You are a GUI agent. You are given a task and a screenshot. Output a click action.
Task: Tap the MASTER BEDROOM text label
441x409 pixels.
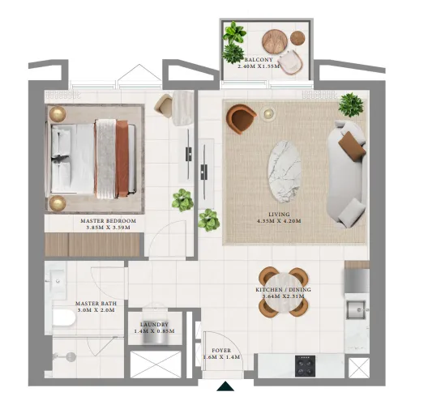point(108,220)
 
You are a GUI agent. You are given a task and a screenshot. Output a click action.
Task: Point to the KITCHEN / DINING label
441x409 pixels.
point(283,290)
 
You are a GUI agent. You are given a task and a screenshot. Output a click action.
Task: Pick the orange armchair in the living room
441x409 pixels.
point(241,119)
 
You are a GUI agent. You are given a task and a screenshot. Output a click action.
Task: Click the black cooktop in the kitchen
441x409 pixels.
point(306,367)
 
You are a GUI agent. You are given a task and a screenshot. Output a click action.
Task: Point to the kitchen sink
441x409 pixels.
point(356,309)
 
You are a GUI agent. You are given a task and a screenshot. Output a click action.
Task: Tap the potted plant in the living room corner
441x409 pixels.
point(351,104)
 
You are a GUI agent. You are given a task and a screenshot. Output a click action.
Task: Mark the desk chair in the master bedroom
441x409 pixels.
point(164,105)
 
